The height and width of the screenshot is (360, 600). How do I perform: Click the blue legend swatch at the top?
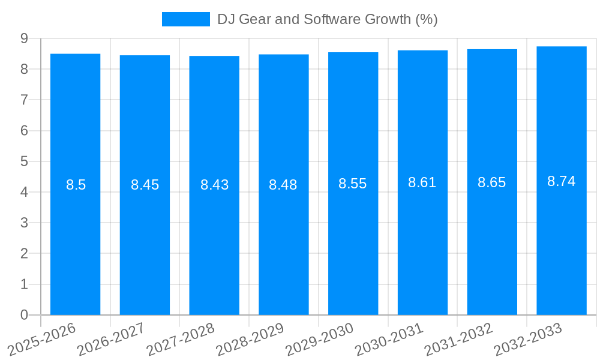[185, 19]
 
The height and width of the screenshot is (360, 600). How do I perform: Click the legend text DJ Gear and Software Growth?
[327, 19]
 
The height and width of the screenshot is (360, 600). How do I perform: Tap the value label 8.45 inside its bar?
[145, 185]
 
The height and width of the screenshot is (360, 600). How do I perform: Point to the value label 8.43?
[214, 185]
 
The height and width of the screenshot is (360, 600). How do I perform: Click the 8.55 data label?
[353, 184]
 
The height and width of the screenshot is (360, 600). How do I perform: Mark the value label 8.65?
[492, 182]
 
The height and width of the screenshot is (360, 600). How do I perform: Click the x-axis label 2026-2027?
[111, 339]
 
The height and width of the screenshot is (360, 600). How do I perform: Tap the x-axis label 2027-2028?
[181, 339]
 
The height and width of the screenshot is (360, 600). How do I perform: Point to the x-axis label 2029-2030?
[319, 339]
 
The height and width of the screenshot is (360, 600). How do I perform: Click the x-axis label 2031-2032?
[458, 339]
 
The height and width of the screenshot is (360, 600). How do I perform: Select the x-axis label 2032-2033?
[528, 339]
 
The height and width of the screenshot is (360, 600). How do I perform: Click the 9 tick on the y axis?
[24, 38]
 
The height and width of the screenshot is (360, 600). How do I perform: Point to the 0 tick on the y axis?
[24, 315]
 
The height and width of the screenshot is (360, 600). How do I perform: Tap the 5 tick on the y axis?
[24, 161]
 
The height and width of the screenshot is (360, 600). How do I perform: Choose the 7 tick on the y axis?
[24, 100]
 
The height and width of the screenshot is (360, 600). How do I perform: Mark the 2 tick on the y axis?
[24, 254]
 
